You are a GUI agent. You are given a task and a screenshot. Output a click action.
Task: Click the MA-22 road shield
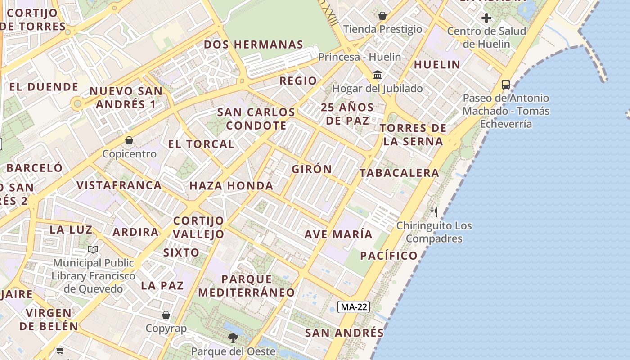pos(354,307)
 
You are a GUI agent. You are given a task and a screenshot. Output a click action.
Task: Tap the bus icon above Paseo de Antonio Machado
pos(506,84)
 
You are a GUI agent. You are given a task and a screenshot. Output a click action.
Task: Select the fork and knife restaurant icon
pos(434,212)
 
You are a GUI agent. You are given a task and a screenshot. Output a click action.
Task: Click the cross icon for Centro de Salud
pos(486,18)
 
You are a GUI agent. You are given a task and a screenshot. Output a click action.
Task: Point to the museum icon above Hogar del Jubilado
pos(378,74)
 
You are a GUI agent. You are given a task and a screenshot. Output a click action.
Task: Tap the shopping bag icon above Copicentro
pos(129,140)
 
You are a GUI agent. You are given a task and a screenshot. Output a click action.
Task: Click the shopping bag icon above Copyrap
pos(166,315)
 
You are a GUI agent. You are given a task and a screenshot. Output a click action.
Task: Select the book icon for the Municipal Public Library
pos(93,249)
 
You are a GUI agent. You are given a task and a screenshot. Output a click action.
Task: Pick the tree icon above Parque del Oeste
pos(233,337)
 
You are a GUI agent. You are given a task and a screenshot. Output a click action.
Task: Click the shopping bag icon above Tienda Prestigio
pos(382,16)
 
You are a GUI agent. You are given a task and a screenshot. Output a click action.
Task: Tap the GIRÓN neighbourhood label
pos(312,169)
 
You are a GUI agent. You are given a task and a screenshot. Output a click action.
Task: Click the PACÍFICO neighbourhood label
pos(389,256)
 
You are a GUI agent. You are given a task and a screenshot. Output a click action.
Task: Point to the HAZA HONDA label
pos(231,185)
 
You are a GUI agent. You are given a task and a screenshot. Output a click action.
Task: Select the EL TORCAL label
pos(201,144)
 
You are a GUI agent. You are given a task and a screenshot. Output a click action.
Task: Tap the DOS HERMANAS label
pos(254,45)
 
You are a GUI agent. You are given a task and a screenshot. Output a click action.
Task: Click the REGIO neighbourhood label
pos(298,81)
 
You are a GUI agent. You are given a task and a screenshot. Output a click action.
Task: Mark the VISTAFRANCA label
pos(119,185)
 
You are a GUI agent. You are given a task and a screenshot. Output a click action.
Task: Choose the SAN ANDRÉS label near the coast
pos(344,333)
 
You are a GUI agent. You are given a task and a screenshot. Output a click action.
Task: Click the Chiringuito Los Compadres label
pos(434,232)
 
